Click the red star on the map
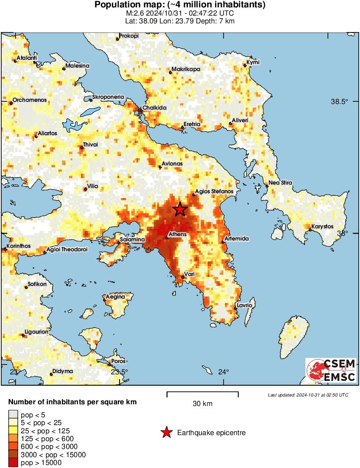tap(180, 209)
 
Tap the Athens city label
tap(177, 234)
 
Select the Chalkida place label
tap(155, 108)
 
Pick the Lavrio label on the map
tap(244, 305)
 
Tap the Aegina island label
tap(116, 296)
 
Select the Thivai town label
tap(91, 145)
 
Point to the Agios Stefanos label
tap(214, 191)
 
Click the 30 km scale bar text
tap(202, 404)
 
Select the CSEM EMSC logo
tap(331, 370)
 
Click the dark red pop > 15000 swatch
tap(13, 462)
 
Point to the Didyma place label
tap(62, 371)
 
